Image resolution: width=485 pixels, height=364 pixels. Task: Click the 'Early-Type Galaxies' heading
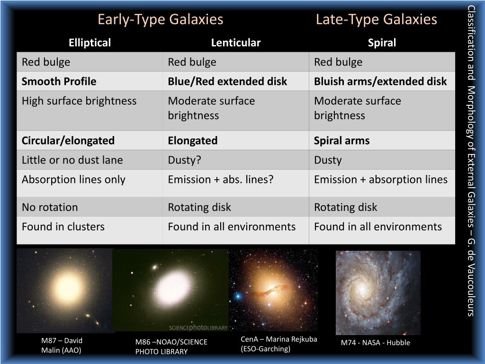[x=160, y=19]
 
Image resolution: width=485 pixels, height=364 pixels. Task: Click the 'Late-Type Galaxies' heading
[x=376, y=19]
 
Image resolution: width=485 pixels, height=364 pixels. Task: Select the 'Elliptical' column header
[x=90, y=43]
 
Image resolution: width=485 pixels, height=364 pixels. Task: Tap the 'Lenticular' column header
[x=235, y=43]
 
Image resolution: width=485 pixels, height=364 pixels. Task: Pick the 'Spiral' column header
[x=382, y=43]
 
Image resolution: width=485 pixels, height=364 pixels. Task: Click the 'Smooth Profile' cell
[x=59, y=82]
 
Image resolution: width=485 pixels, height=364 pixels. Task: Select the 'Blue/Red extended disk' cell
[x=227, y=82]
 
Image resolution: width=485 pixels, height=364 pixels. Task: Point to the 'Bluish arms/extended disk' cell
[x=380, y=82]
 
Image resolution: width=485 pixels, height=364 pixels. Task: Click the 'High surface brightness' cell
[x=79, y=101]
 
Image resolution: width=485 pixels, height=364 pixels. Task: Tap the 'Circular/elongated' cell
[x=68, y=141]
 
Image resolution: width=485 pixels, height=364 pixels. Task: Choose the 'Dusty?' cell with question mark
[x=185, y=160]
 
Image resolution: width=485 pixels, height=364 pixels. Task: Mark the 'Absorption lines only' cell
[x=73, y=180]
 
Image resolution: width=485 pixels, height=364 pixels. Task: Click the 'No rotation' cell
[x=50, y=207]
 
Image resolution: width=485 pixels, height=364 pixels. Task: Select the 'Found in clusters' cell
[x=63, y=227]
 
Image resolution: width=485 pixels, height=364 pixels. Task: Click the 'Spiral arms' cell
[x=341, y=141]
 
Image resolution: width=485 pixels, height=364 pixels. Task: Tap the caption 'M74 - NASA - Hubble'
[x=375, y=343]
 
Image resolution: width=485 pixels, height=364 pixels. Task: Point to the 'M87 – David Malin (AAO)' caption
[x=62, y=345]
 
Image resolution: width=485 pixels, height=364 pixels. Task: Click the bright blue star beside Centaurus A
[x=237, y=296]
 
